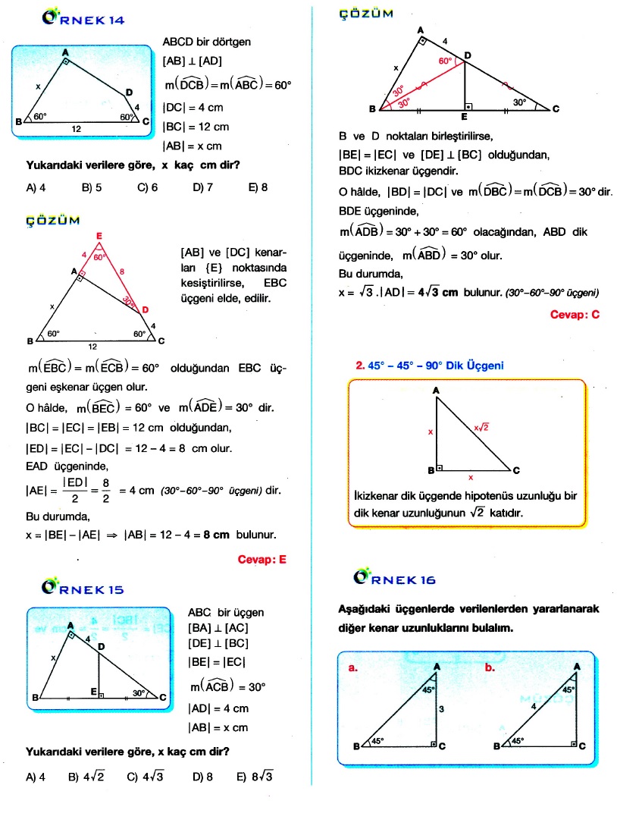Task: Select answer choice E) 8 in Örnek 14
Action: (258, 187)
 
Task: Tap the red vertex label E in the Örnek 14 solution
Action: (99, 237)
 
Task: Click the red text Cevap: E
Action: (262, 560)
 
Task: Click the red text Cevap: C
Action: (575, 314)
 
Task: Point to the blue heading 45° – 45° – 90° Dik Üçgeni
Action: (431, 365)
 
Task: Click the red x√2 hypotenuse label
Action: (481, 427)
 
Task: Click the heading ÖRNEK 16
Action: (395, 579)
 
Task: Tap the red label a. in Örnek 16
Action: (352, 668)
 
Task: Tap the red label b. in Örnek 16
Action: (490, 668)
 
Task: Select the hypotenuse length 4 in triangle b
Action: (533, 707)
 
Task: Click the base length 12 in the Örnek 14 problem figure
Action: (77, 130)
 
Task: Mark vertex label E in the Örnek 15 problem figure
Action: (92, 692)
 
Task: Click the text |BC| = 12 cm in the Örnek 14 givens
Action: (196, 127)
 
